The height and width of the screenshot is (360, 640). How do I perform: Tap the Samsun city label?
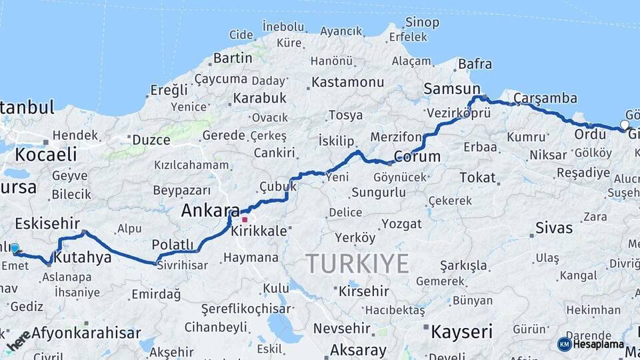pyautogui.click(x=452, y=89)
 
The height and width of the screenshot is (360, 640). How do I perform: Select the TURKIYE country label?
pyautogui.click(x=358, y=264)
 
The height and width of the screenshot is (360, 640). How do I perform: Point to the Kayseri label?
pyautogui.click(x=461, y=331)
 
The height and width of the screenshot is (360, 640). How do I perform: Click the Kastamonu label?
pyautogui.click(x=347, y=82)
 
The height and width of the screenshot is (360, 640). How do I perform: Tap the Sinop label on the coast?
pyautogui.click(x=423, y=23)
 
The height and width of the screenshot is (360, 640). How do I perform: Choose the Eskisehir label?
pyautogui.click(x=47, y=223)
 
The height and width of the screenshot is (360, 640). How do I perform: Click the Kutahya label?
pyautogui.click(x=82, y=257)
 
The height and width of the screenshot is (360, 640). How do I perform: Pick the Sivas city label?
pyautogui.click(x=553, y=228)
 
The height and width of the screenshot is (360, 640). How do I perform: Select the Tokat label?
pyautogui.click(x=477, y=177)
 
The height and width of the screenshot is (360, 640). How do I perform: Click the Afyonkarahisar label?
pyautogui.click(x=87, y=333)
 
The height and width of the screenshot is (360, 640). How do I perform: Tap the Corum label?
pyautogui.click(x=417, y=157)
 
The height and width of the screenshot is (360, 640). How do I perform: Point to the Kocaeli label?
pyautogui.click(x=45, y=154)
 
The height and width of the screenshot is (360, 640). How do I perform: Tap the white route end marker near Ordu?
pyautogui.click(x=625, y=125)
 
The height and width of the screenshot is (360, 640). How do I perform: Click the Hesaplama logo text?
pyautogui.click(x=599, y=344)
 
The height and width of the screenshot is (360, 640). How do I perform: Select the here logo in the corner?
pyautogui.click(x=19, y=340)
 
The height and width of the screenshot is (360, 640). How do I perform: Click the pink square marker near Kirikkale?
pyautogui.click(x=245, y=219)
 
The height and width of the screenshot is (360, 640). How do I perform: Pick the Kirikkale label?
pyautogui.click(x=259, y=231)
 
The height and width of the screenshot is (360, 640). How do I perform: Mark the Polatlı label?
pyautogui.click(x=172, y=245)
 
